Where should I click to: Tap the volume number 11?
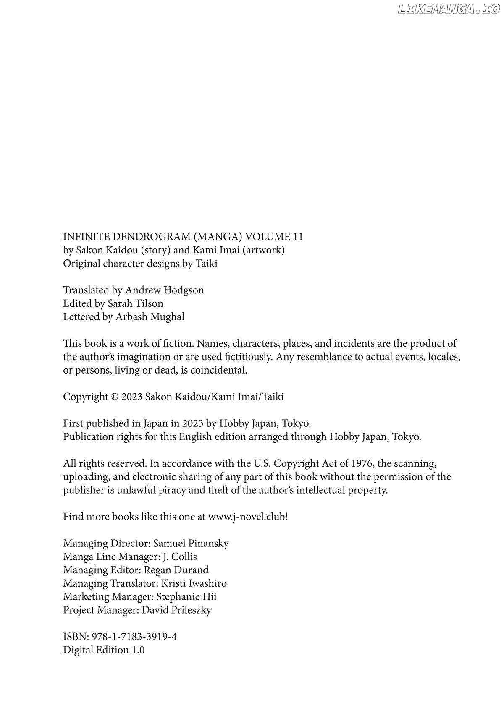pyautogui.click(x=298, y=237)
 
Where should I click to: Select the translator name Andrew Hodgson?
pyautogui.click(x=165, y=290)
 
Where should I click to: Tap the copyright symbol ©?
pyautogui.click(x=115, y=397)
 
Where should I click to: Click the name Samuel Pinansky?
pyautogui.click(x=191, y=544)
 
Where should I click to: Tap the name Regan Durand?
pyautogui.click(x=176, y=570)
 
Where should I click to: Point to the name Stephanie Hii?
pyautogui.click(x=186, y=597)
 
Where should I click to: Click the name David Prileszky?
pyautogui.click(x=176, y=610)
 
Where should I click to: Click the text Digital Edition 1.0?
pyautogui.click(x=104, y=651)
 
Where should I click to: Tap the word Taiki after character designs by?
pyautogui.click(x=206, y=264)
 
